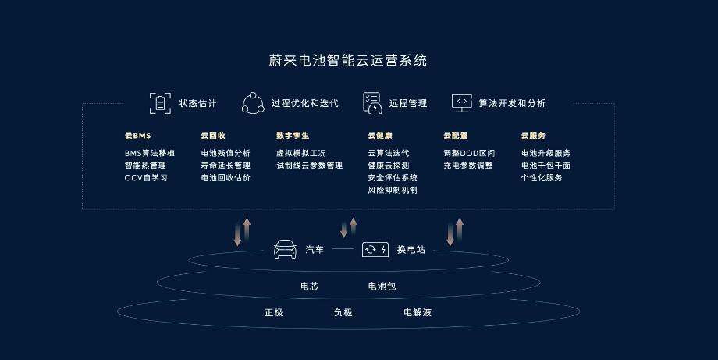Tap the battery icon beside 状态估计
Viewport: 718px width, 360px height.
point(159,103)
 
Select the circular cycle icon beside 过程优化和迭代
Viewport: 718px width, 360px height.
point(253,103)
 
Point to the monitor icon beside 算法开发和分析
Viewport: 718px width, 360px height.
point(461,102)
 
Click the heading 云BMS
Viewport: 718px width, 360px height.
point(137,136)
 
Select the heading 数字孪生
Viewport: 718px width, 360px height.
point(293,136)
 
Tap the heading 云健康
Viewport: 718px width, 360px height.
point(380,136)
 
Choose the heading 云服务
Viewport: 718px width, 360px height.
point(533,136)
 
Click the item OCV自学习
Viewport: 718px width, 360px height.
point(146,178)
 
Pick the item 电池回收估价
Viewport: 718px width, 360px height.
point(226,178)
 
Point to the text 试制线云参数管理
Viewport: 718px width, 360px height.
point(309,166)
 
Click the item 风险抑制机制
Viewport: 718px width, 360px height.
point(393,190)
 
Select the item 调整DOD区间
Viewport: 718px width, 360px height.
point(469,153)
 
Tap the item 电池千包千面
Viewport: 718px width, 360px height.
point(546,166)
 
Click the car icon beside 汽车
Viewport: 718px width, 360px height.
point(285,250)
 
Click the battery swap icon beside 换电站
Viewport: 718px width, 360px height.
point(375,250)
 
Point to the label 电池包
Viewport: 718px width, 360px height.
point(382,286)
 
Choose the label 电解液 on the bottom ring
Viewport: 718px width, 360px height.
point(418,312)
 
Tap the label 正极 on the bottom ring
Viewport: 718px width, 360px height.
point(274,312)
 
